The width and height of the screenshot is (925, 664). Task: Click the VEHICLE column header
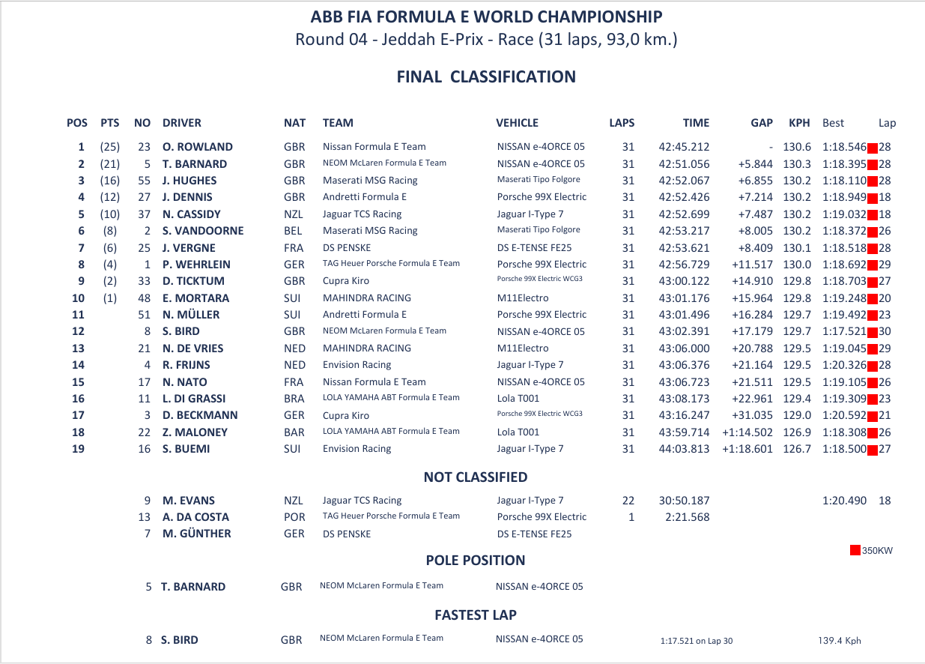pos(517,123)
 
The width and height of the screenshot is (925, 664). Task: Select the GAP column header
pos(762,123)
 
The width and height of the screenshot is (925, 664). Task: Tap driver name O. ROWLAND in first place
pos(197,147)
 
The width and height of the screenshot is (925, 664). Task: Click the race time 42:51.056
pos(684,164)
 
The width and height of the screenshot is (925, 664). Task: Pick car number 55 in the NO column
pos(145,181)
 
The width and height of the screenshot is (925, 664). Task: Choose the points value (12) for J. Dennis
pos(109,197)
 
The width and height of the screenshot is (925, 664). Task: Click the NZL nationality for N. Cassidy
pos(294,214)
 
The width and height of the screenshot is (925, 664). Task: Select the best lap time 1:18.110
pos(844,181)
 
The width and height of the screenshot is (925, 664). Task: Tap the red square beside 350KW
pos(855,551)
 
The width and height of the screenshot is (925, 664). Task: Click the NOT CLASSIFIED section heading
pos(475,477)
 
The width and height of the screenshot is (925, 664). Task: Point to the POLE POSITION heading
pos(475,561)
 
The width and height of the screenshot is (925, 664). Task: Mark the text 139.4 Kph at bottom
pos(839,641)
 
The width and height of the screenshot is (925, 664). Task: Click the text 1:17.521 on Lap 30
pos(697,641)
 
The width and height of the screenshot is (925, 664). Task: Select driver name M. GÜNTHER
pos(196,534)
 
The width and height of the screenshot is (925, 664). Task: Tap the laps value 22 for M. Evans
pos(628,501)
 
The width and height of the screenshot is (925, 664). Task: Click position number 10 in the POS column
pos(78,298)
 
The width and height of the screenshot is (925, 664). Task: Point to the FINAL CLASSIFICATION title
pos(486,77)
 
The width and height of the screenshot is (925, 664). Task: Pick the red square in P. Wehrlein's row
pos(872,265)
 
